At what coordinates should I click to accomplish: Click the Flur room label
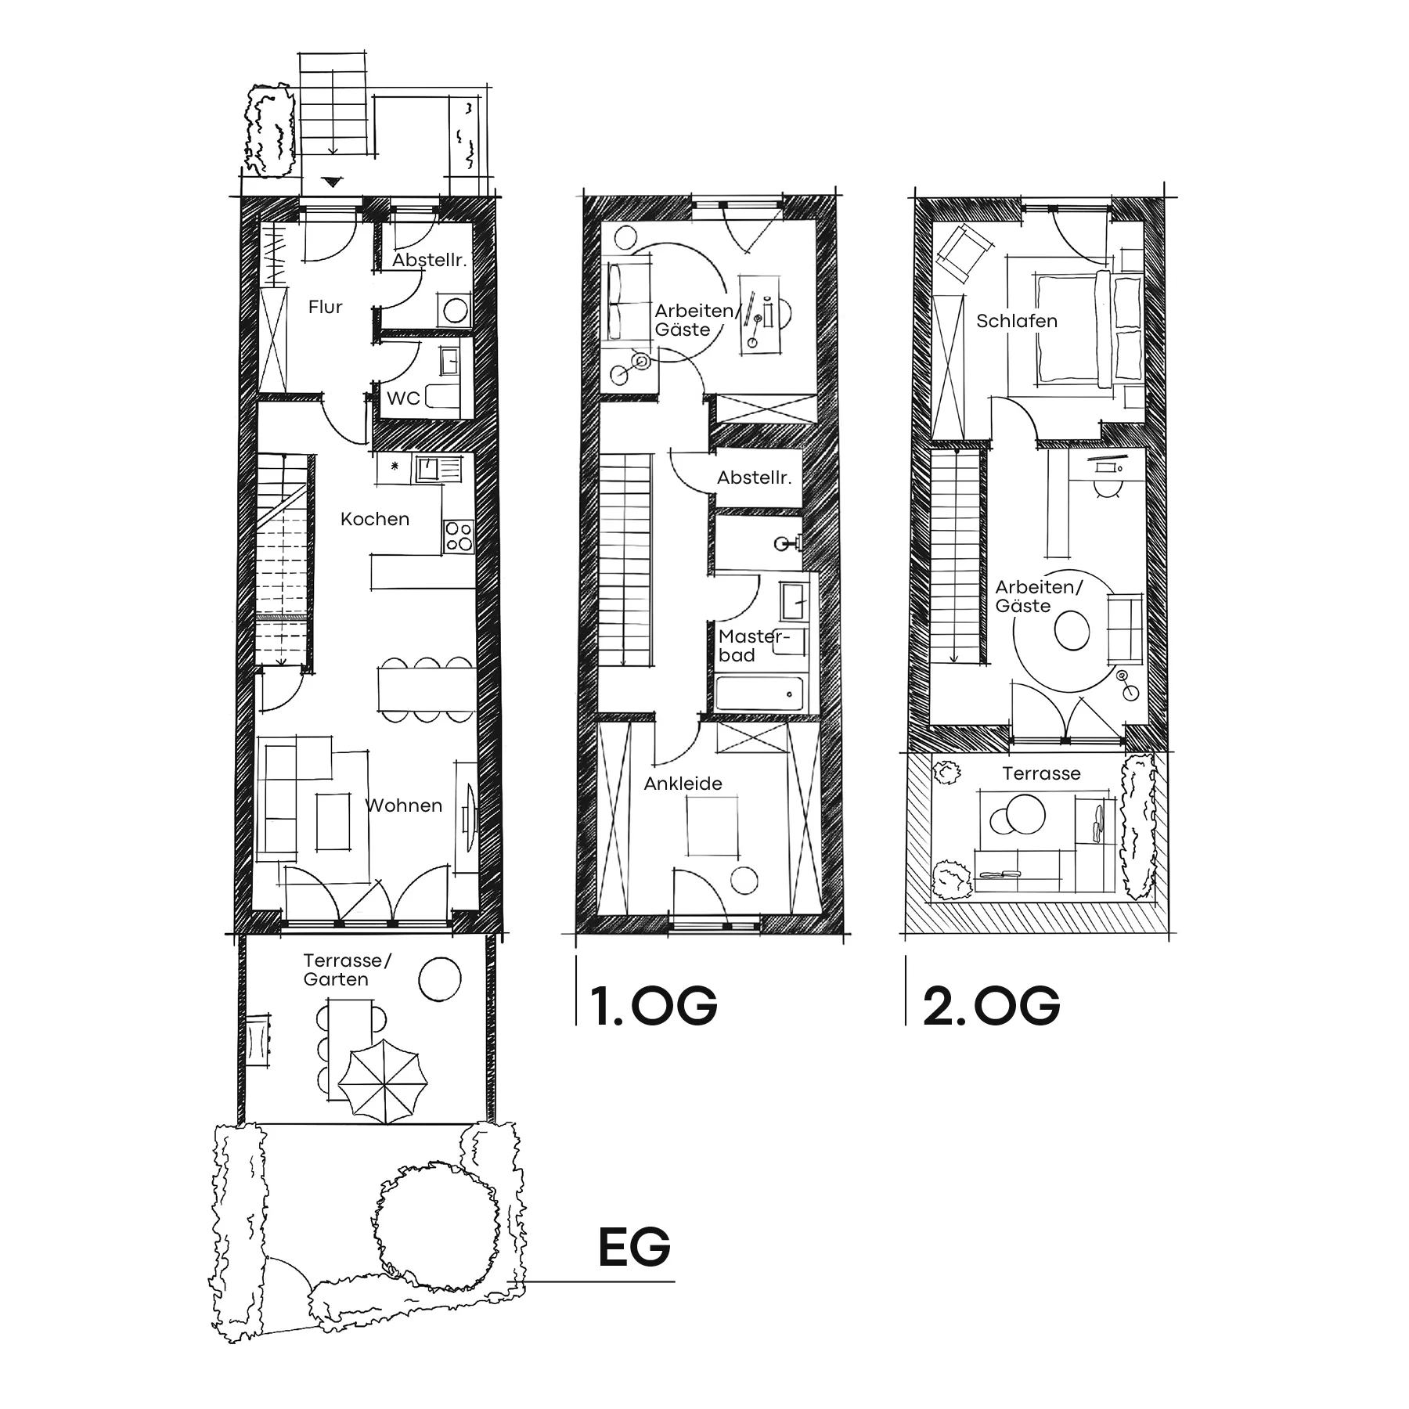(x=325, y=307)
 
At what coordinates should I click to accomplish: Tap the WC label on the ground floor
(x=403, y=398)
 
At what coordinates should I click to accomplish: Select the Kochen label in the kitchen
(x=375, y=519)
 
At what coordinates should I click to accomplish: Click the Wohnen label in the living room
(x=404, y=805)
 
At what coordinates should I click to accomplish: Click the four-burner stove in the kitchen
(x=459, y=537)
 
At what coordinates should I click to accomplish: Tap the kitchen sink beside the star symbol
(x=428, y=468)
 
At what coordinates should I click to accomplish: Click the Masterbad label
(x=753, y=646)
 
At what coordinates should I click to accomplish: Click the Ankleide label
(x=683, y=784)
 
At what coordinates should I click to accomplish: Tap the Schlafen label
(x=1017, y=321)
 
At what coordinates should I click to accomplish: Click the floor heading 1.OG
(x=654, y=1006)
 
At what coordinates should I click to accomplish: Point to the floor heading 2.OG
(x=991, y=1006)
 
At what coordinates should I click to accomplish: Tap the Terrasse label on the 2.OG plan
(x=1041, y=773)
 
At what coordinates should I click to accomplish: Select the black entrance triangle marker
(x=333, y=183)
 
